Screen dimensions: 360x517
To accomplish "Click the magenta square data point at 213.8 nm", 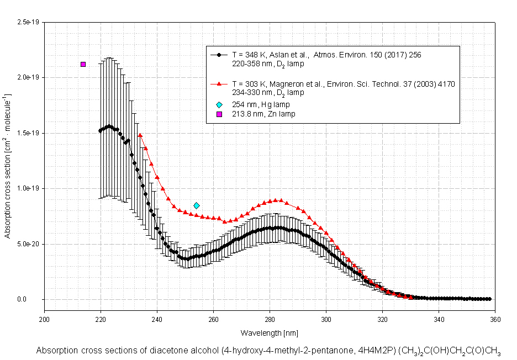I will (x=83, y=64).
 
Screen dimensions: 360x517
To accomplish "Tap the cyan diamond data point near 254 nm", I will (x=197, y=205).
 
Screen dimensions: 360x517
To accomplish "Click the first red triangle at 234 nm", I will (x=140, y=135).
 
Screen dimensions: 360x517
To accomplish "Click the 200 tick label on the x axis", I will (x=44, y=320).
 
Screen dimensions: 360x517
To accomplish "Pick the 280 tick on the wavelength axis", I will (x=270, y=320).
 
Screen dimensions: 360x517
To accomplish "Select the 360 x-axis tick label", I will (x=495, y=320).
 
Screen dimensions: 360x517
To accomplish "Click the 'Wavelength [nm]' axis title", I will (x=270, y=333).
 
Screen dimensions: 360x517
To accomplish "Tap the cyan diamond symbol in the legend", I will (x=219, y=104).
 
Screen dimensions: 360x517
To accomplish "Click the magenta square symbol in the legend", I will (x=219, y=114).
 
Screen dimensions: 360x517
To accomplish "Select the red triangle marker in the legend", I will (x=219, y=84).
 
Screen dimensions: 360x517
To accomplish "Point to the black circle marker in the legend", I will (x=219, y=55).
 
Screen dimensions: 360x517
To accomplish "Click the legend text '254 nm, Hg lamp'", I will (x=261, y=104).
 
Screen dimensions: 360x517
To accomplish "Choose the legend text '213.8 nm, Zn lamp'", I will (x=263, y=114).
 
